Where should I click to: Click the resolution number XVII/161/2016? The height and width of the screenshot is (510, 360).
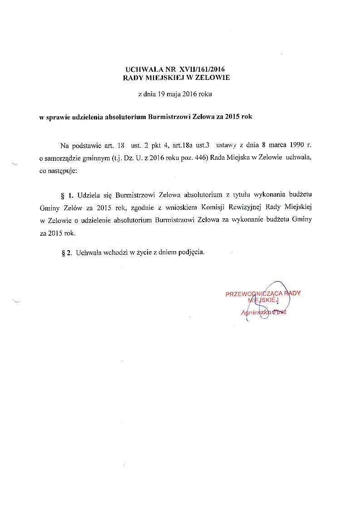[x=202, y=69]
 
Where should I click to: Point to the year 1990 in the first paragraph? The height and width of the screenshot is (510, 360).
[x=297, y=145]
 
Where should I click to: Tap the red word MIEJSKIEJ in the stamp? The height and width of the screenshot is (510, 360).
[x=263, y=300]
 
